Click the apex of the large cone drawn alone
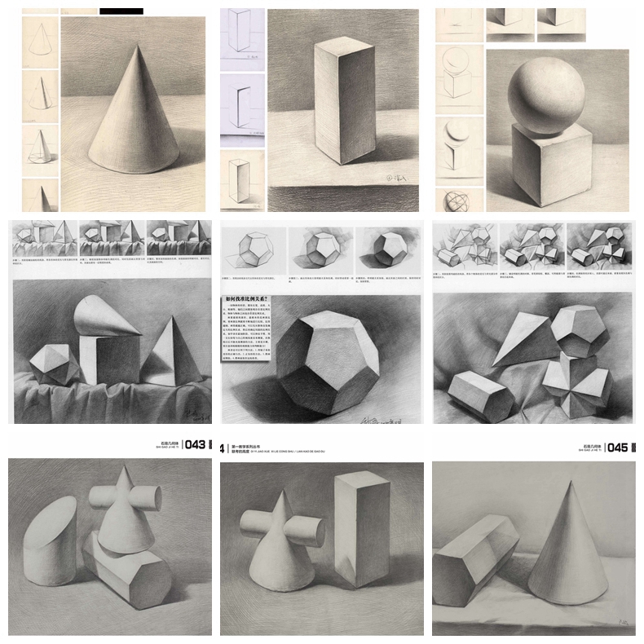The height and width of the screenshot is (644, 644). click(131, 46)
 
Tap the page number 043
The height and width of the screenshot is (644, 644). click(196, 445)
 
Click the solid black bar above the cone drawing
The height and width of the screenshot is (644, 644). click(121, 11)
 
